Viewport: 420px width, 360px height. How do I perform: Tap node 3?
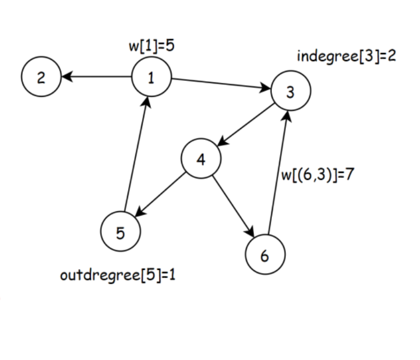pyautogui.click(x=290, y=92)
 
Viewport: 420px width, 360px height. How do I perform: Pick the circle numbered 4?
pyautogui.click(x=201, y=159)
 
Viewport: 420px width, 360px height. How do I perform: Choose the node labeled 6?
pyautogui.click(x=265, y=256)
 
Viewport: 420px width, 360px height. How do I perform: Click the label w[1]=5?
pyautogui.click(x=152, y=46)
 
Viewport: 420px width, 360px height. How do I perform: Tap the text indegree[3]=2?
pyautogui.click(x=346, y=56)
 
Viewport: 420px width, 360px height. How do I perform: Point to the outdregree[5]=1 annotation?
pyautogui.click(x=118, y=275)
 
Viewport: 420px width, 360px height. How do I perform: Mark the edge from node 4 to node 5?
pyautogui.click(x=161, y=196)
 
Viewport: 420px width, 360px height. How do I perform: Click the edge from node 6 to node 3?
pyautogui.click(x=279, y=173)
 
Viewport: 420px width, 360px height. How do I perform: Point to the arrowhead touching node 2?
pyautogui.click(x=66, y=77)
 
